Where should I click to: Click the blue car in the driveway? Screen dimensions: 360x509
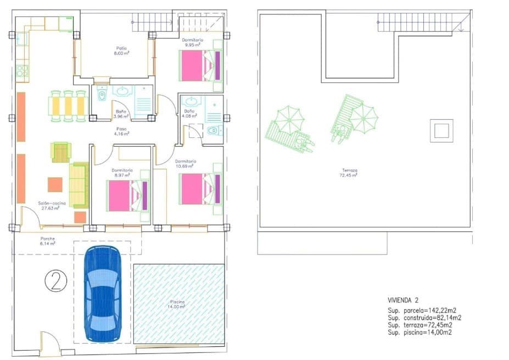(103, 295)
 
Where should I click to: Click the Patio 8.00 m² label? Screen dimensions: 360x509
(121, 51)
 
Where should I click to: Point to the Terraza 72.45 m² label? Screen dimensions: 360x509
(349, 173)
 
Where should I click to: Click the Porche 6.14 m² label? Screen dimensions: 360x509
(48, 241)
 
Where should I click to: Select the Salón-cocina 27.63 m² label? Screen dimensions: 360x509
(48, 206)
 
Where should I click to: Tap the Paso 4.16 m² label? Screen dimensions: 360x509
(121, 131)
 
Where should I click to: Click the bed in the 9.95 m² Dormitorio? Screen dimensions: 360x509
(199, 65)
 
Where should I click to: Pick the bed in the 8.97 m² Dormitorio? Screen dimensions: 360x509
(128, 196)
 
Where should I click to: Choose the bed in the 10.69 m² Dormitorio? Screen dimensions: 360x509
(200, 189)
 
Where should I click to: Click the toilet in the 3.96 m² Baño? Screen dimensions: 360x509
(101, 96)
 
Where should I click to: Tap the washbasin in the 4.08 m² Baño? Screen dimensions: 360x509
(191, 102)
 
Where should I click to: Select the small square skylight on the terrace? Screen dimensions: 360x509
(441, 131)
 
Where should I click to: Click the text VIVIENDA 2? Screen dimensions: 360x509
(402, 300)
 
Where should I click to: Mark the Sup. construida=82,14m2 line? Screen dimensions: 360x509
(424, 318)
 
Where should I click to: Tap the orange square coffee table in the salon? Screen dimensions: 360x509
(55, 184)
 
